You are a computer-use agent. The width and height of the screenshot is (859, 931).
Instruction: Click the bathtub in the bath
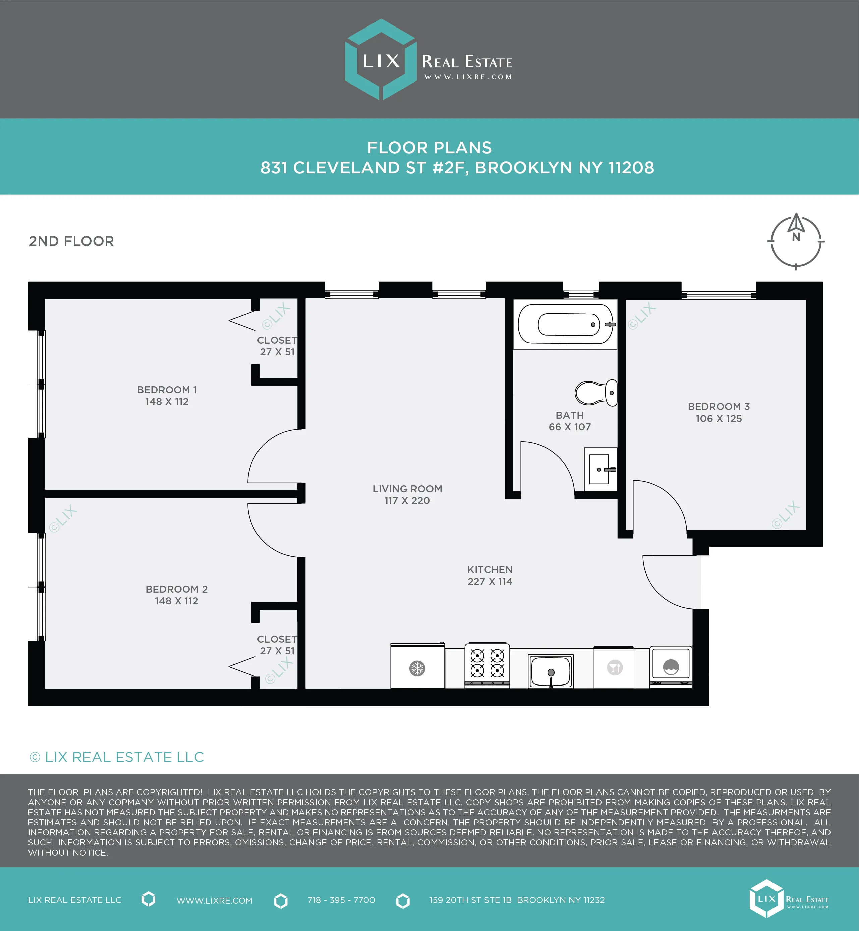[565, 324]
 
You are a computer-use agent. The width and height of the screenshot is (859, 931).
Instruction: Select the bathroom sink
[600, 469]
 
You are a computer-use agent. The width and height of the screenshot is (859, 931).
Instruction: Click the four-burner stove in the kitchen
[487, 665]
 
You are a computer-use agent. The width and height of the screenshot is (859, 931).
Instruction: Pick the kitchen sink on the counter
[551, 670]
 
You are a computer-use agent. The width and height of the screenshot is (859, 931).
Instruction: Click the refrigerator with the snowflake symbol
[417, 667]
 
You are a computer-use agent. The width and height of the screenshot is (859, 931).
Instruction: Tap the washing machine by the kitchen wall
[670, 666]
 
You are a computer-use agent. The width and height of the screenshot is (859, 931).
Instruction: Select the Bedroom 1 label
[167, 390]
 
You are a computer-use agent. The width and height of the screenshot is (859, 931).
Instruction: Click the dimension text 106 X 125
[719, 419]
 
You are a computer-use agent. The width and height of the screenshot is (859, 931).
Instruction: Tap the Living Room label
[407, 489]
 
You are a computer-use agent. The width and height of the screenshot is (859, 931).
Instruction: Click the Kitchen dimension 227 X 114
[490, 581]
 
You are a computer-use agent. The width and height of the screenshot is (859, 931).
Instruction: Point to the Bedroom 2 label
[177, 589]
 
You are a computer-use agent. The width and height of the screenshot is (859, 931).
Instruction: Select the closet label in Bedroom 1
[277, 340]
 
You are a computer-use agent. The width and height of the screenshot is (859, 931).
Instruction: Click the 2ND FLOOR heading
[71, 241]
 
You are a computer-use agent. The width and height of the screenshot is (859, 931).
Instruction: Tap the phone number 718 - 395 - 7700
[341, 900]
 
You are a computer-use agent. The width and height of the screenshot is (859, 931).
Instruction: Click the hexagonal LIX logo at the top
[381, 59]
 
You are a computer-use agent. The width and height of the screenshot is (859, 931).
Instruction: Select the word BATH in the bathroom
[569, 415]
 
